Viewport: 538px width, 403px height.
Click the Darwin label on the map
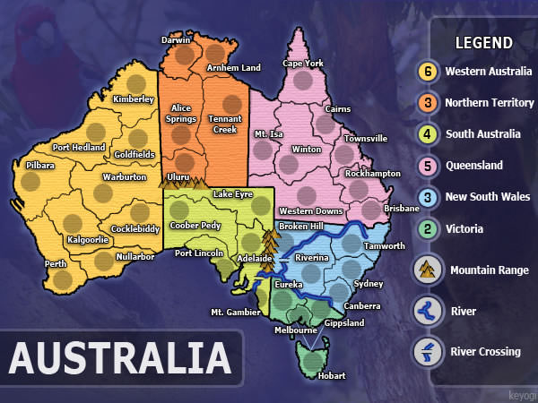coord(177,40)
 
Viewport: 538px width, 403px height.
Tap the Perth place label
coord(56,264)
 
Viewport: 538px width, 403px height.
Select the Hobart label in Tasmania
coord(332,376)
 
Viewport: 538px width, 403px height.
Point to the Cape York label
coord(303,64)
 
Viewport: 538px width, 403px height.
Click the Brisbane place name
coord(402,208)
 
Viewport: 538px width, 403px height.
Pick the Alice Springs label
coord(182,114)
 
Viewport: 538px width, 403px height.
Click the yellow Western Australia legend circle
coord(429,71)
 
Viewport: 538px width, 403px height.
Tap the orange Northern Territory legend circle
coord(429,102)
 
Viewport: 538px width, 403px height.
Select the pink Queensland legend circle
coord(429,166)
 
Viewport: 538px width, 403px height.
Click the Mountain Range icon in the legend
coord(429,270)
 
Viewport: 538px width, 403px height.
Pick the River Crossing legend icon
coord(429,351)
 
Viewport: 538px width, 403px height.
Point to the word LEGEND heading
coord(484,43)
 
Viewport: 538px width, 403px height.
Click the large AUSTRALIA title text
coord(119,358)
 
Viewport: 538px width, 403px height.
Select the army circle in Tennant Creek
coord(231,103)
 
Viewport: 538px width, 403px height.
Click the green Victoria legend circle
coord(429,228)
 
